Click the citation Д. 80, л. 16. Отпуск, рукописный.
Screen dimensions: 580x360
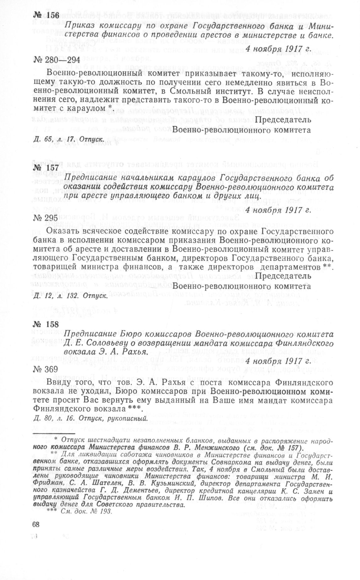[x=90, y=418]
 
